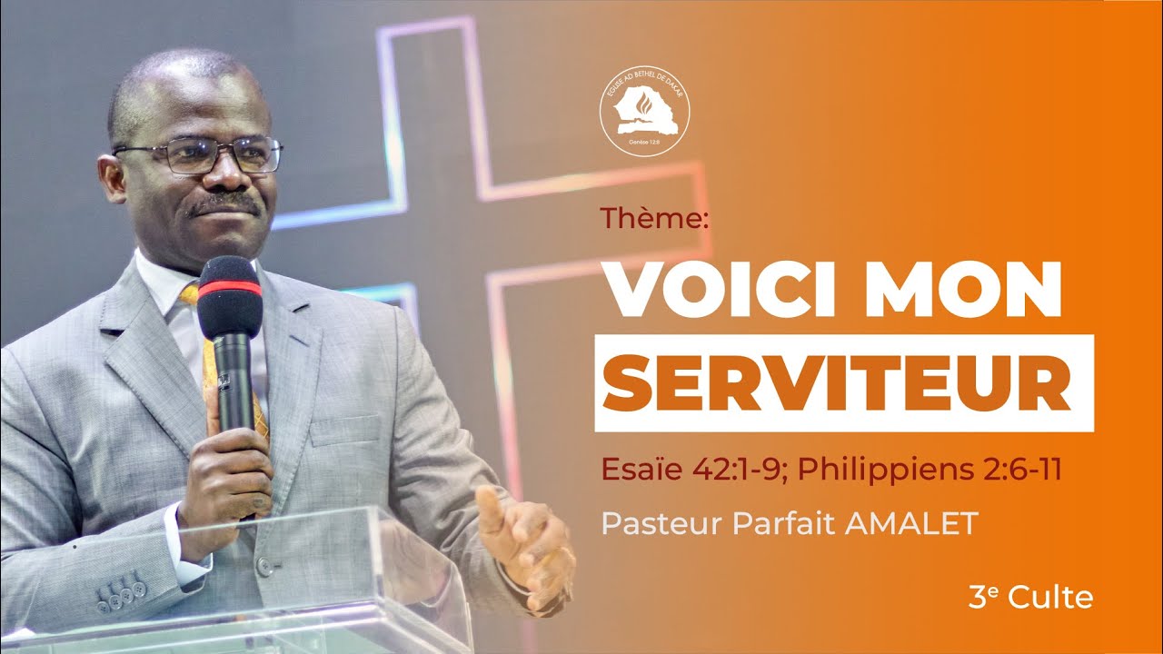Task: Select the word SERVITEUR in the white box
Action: point(844,382)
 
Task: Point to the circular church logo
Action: point(644,112)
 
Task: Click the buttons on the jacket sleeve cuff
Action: point(123,591)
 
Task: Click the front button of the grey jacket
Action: point(264,567)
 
